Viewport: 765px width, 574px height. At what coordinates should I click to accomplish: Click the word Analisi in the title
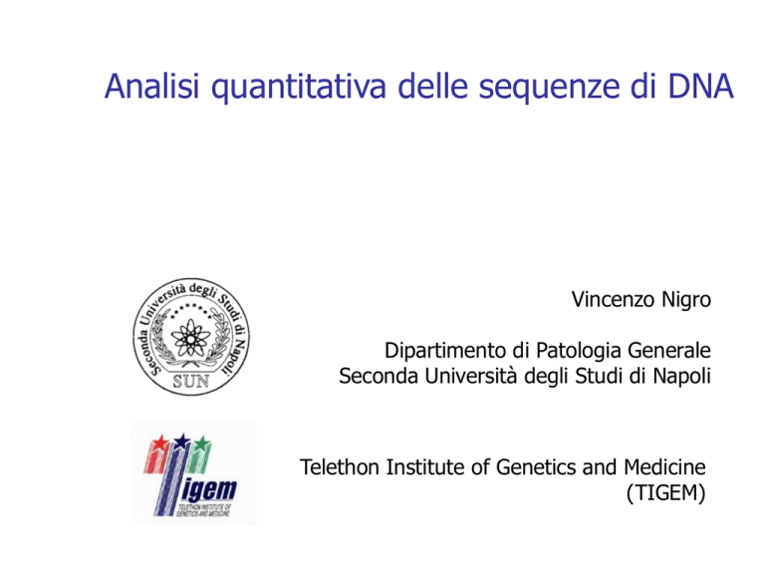[151, 86]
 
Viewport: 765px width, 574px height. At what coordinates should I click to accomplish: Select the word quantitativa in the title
[299, 88]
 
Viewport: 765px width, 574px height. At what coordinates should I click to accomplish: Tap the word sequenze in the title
[549, 88]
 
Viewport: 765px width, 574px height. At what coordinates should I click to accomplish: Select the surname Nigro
[686, 300]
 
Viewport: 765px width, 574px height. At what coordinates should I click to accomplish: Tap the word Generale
[669, 351]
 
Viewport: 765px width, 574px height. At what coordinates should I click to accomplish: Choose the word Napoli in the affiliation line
[681, 377]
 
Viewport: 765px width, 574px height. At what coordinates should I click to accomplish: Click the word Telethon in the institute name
[339, 467]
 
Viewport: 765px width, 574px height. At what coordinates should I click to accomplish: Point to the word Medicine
[664, 467]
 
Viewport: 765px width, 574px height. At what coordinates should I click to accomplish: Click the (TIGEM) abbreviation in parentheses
[666, 493]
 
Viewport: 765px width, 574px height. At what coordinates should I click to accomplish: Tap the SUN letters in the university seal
[191, 382]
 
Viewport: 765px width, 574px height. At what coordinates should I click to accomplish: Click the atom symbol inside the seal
[191, 338]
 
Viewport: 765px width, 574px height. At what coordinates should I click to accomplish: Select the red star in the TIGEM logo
[159, 443]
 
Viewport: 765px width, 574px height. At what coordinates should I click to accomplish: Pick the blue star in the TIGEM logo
[182, 441]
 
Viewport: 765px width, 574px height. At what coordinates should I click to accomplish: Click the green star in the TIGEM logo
[202, 444]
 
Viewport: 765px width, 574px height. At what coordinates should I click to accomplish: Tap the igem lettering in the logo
[209, 490]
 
